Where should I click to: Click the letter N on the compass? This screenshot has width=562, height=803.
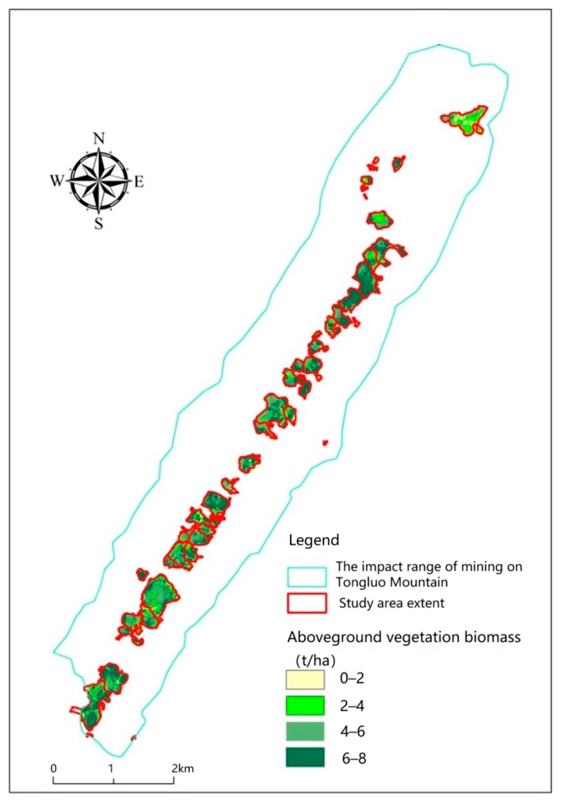(x=99, y=139)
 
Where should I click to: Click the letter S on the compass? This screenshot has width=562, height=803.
(x=99, y=224)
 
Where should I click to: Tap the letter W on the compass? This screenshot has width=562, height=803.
(x=57, y=181)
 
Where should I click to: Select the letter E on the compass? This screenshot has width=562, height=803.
(x=139, y=182)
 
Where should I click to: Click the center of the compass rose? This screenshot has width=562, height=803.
(x=99, y=181)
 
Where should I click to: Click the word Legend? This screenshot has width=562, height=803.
(x=313, y=540)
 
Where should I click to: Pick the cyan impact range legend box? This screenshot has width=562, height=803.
(x=307, y=577)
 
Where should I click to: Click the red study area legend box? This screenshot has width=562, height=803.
(x=307, y=603)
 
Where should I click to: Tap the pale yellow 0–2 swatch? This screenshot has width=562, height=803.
(x=305, y=679)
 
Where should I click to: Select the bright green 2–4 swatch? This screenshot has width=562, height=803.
(x=305, y=705)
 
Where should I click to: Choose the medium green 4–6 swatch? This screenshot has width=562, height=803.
(x=305, y=731)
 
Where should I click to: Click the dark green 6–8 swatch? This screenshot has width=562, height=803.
(x=305, y=757)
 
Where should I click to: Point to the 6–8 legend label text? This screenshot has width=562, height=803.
(x=354, y=758)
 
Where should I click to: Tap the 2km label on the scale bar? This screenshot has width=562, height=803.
(x=183, y=768)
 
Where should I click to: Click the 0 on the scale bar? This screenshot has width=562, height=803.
(x=54, y=768)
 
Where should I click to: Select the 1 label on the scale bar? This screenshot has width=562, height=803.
(x=112, y=768)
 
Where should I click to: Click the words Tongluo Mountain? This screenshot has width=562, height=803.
(x=392, y=582)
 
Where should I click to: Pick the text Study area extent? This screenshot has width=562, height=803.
(x=392, y=603)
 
